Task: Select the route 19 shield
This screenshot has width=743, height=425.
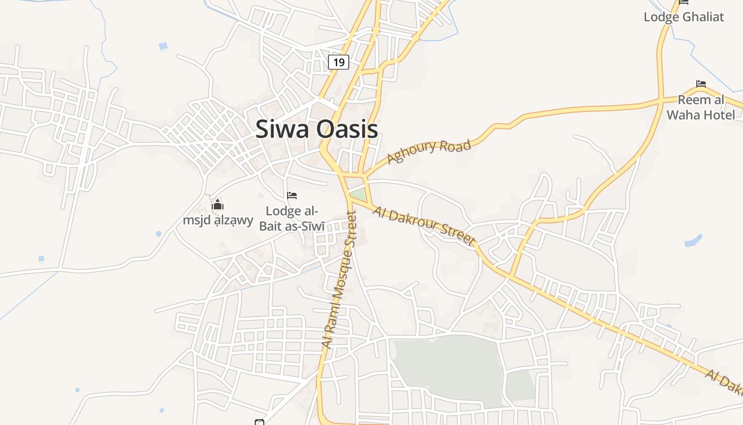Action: tap(338, 62)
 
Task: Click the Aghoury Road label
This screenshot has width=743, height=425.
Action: tap(429, 151)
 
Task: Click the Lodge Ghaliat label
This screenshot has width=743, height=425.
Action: tap(684, 16)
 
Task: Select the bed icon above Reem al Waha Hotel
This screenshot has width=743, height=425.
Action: tap(701, 84)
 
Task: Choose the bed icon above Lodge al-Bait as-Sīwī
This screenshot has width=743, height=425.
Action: tap(291, 195)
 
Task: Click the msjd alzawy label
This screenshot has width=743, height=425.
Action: tap(218, 220)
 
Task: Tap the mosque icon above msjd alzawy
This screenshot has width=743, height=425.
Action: tap(218, 205)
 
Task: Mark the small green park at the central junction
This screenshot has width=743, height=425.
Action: tap(358, 194)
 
